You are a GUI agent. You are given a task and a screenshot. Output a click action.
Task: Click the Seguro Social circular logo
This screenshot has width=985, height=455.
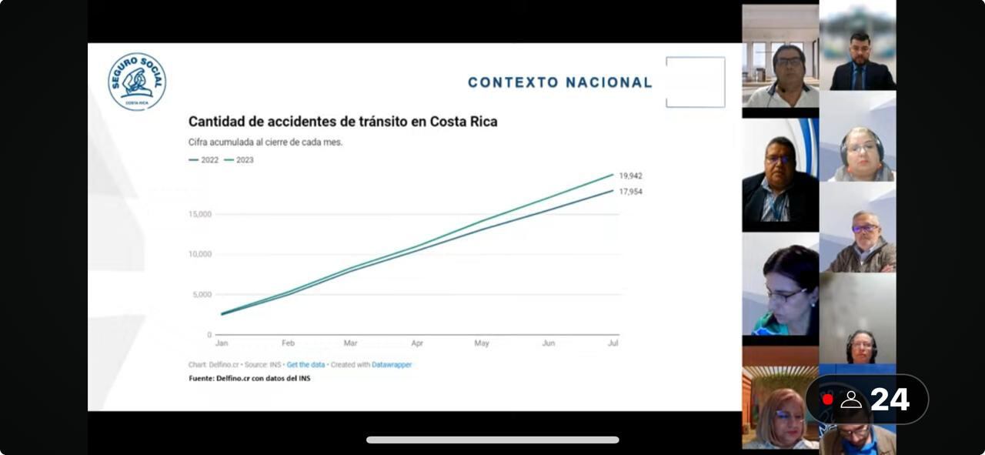[137, 82]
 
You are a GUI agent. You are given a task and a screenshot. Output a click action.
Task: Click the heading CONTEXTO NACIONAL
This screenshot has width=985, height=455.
[559, 82]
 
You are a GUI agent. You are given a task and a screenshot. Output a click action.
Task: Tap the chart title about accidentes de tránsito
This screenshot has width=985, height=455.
[342, 122]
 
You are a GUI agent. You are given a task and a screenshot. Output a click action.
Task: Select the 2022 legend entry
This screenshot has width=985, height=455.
[204, 160]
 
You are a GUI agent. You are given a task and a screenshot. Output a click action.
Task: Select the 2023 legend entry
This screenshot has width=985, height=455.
[239, 160]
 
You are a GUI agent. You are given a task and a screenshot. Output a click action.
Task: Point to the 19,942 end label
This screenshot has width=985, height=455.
[630, 176]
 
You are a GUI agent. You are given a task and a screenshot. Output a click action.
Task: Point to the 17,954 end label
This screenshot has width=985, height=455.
[630, 192]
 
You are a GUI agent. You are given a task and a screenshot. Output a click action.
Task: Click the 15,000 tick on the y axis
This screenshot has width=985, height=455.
[199, 214]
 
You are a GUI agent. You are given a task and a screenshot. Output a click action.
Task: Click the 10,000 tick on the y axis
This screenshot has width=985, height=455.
[199, 254]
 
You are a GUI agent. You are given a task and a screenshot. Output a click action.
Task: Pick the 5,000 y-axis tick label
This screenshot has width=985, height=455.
[202, 295]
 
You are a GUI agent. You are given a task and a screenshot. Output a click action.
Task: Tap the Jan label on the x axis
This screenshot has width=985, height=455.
[222, 343]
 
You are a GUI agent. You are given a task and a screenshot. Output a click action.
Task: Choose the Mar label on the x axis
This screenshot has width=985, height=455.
[350, 343]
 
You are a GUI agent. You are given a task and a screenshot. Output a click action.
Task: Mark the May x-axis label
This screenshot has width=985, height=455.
[481, 343]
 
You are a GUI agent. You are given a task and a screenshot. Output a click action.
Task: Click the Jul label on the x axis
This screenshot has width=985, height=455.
[613, 343]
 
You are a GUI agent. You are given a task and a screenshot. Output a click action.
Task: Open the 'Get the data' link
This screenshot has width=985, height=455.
[306, 365]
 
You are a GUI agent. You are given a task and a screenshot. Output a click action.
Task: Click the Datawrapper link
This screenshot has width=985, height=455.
[392, 365]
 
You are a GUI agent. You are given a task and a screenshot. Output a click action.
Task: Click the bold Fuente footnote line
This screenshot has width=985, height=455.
[249, 378]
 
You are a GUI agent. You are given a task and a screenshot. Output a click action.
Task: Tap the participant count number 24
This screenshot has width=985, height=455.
[890, 400]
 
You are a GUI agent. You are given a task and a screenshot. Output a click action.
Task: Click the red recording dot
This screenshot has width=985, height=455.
[827, 400]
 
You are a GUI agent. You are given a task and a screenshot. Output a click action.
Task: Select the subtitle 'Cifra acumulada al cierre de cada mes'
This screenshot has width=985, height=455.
[265, 142]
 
